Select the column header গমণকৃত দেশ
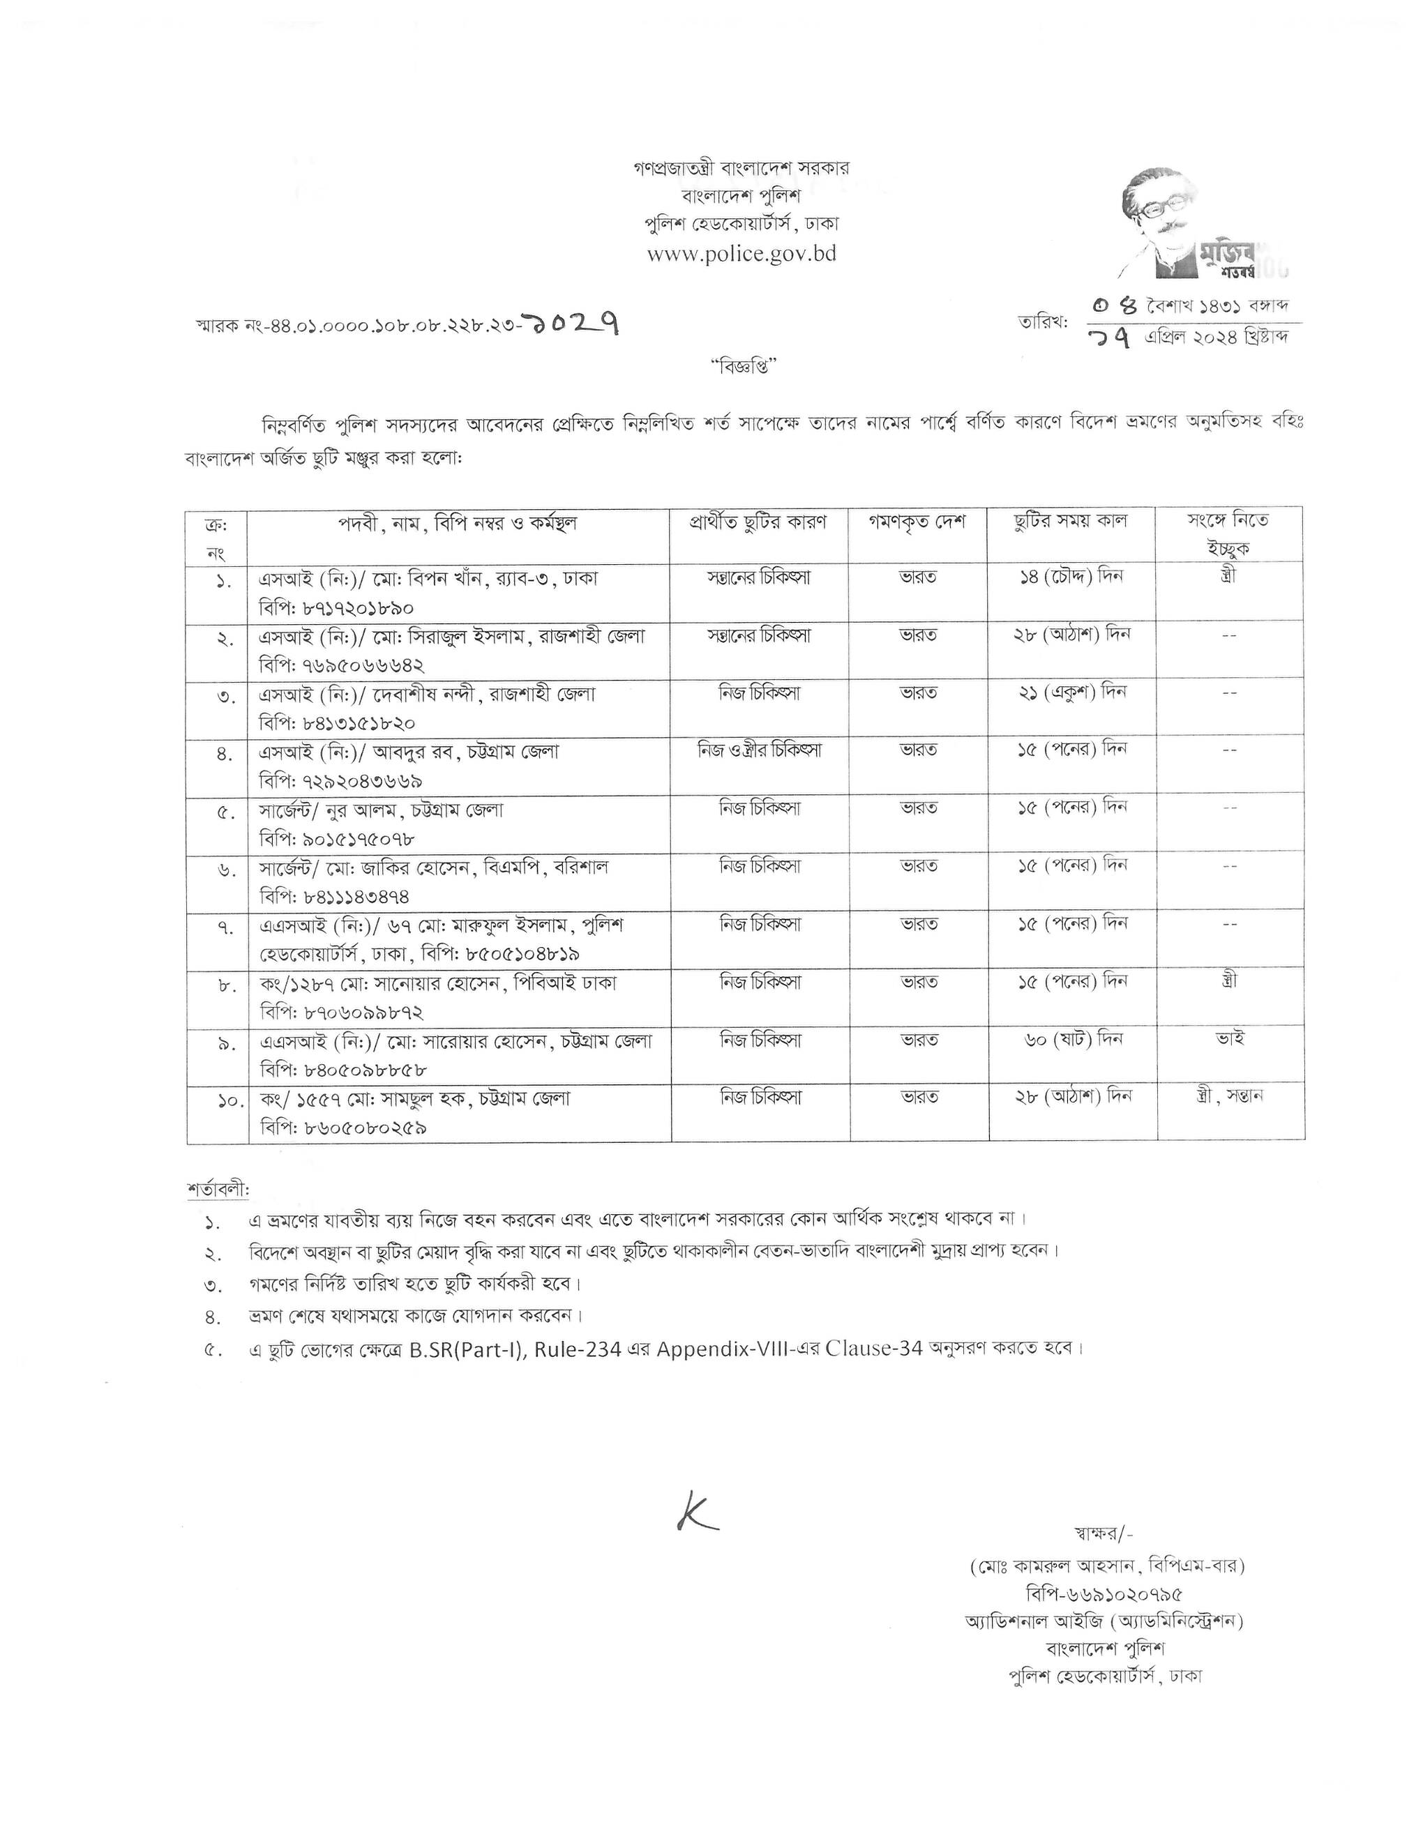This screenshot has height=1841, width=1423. (x=917, y=522)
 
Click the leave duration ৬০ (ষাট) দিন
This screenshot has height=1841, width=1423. (x=1070, y=1039)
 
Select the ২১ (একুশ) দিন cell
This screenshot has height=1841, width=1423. (x=1071, y=692)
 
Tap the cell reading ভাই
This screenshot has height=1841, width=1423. (x=1229, y=1038)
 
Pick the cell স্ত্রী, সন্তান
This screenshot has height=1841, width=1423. (x=1228, y=1097)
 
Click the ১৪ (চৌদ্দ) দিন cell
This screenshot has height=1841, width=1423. (x=1071, y=577)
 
